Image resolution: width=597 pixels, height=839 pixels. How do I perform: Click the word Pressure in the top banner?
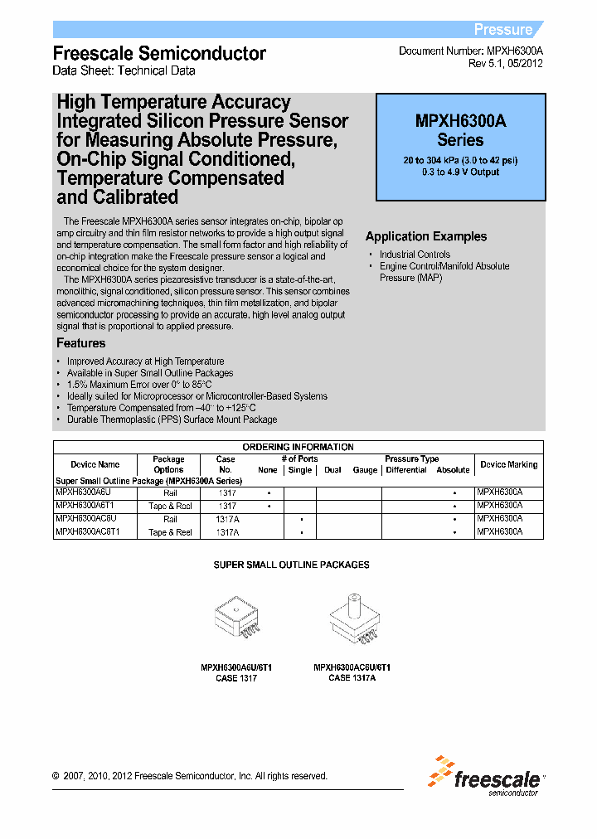pyautogui.click(x=502, y=30)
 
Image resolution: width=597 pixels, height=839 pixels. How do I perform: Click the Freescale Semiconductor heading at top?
pyautogui.click(x=159, y=53)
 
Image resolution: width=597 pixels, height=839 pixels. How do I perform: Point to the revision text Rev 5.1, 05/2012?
pyautogui.click(x=506, y=63)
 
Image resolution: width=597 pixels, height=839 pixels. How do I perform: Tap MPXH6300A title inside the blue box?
pyautogui.click(x=460, y=121)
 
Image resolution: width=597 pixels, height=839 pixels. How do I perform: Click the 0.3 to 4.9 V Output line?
pyautogui.click(x=460, y=172)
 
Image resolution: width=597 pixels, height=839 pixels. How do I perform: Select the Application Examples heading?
pyautogui.click(x=426, y=236)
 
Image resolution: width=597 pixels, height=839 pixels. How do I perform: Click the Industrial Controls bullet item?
pyautogui.click(x=415, y=255)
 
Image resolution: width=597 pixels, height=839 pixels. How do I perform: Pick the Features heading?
pyautogui.click(x=80, y=343)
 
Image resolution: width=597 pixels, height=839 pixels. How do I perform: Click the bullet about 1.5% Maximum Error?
pyautogui.click(x=139, y=385)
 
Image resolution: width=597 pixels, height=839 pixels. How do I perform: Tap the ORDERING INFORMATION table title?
pyautogui.click(x=298, y=447)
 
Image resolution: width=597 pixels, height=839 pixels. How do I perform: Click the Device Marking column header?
pyautogui.click(x=509, y=464)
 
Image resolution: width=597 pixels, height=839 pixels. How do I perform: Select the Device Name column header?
pyautogui.click(x=95, y=464)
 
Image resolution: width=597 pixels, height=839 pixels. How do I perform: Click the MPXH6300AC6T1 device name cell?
pyautogui.click(x=88, y=532)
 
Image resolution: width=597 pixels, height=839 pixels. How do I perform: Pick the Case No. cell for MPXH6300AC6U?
pyautogui.click(x=227, y=519)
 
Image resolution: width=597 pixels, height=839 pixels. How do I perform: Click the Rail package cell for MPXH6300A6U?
pyautogui.click(x=170, y=492)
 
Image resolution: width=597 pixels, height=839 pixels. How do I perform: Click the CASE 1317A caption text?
pyautogui.click(x=352, y=677)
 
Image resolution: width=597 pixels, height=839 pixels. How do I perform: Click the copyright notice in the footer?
pyautogui.click(x=190, y=776)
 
